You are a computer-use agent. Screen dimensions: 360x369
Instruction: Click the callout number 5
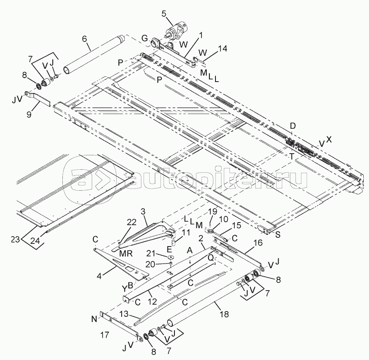tap(164, 14)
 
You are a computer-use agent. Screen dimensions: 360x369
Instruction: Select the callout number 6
tap(85, 38)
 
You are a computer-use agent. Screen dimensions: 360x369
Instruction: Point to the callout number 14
tap(211, 50)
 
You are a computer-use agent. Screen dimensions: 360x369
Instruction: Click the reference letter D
tap(293, 126)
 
